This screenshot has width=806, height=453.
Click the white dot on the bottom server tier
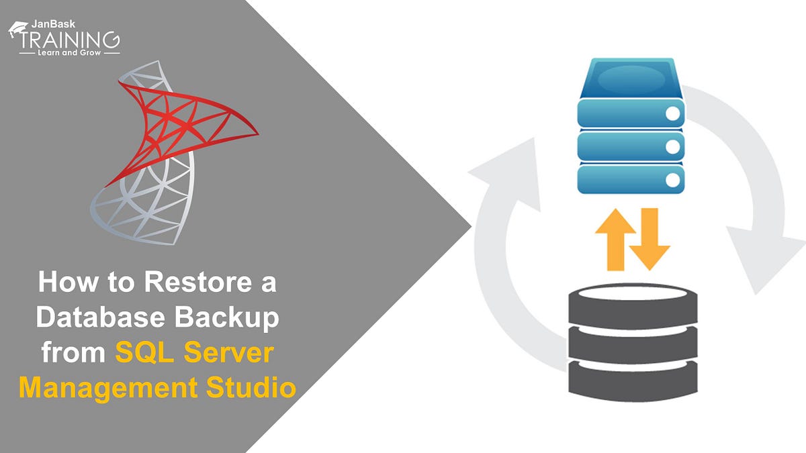point(672,179)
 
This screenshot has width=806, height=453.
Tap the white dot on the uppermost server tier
point(672,113)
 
